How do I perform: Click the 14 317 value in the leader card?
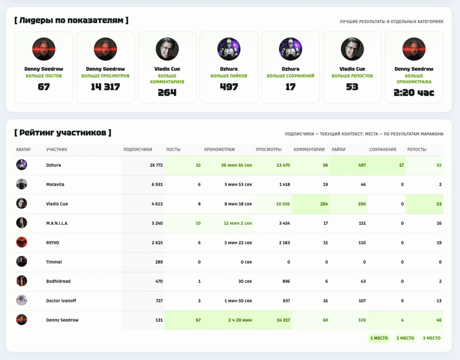[x=105, y=87]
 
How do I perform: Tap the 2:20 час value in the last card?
[x=414, y=93]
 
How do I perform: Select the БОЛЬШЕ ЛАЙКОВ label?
[x=229, y=76]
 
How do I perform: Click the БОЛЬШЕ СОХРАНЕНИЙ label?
[x=291, y=76]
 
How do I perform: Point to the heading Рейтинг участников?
[x=63, y=133]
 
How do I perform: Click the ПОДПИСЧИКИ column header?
[x=138, y=149]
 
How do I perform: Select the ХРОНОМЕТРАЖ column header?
[x=219, y=149]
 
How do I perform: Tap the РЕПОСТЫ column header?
[x=416, y=149]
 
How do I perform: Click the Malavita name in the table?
[x=55, y=184]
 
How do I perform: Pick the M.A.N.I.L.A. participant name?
[x=57, y=223]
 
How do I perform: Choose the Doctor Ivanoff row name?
[x=61, y=300]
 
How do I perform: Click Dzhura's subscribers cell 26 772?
[x=156, y=165]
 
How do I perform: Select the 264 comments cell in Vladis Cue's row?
[x=324, y=204]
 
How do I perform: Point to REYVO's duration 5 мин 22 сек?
[x=238, y=242]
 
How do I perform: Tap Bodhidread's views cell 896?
[x=286, y=281]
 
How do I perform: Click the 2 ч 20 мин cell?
[x=240, y=320]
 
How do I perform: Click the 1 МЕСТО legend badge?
[x=379, y=338]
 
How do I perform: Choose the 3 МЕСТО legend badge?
[x=432, y=338]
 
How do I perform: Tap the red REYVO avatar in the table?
[x=22, y=242]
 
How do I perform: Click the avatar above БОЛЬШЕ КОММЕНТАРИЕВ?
[x=167, y=49]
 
